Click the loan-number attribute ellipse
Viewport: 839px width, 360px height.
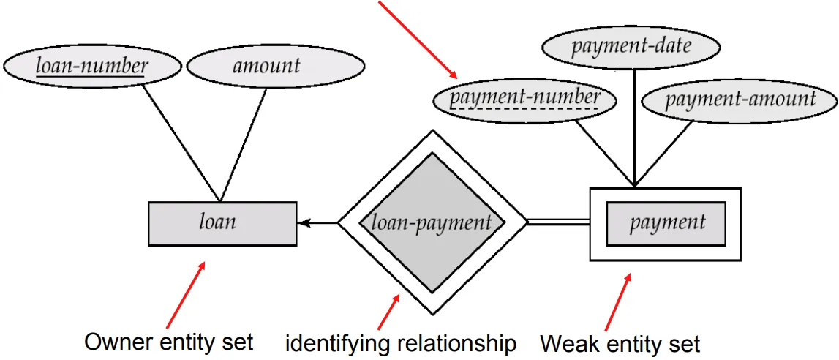[x=93, y=66]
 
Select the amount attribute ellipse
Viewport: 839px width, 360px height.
[x=266, y=66]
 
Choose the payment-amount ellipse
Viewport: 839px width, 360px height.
[x=739, y=99]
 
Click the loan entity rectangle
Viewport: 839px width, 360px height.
[x=222, y=222]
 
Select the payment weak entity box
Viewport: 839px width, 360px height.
[x=665, y=222]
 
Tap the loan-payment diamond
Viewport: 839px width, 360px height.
[x=432, y=222]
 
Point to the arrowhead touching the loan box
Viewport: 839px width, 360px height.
[x=302, y=222]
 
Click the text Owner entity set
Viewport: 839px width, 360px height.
[x=169, y=342]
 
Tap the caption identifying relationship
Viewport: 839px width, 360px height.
[x=400, y=342]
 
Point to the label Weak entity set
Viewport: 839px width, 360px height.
[x=620, y=342]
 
